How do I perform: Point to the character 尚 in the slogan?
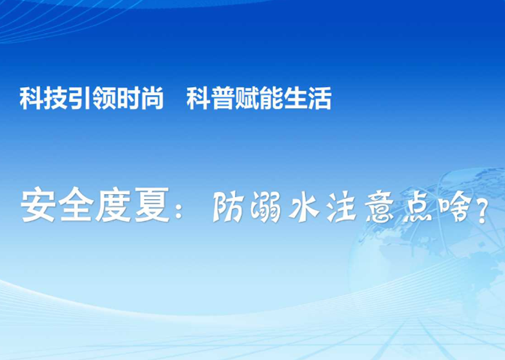pos(152,98)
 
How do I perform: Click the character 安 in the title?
pos(38,204)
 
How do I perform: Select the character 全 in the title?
pos(76,204)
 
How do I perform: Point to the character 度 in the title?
pos(113,204)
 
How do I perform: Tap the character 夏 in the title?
pos(152,204)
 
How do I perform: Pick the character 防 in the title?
pos(228,206)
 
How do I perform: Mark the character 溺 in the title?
pos(266,206)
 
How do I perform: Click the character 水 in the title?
pos(304,206)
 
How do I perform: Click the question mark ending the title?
pos(483,210)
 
